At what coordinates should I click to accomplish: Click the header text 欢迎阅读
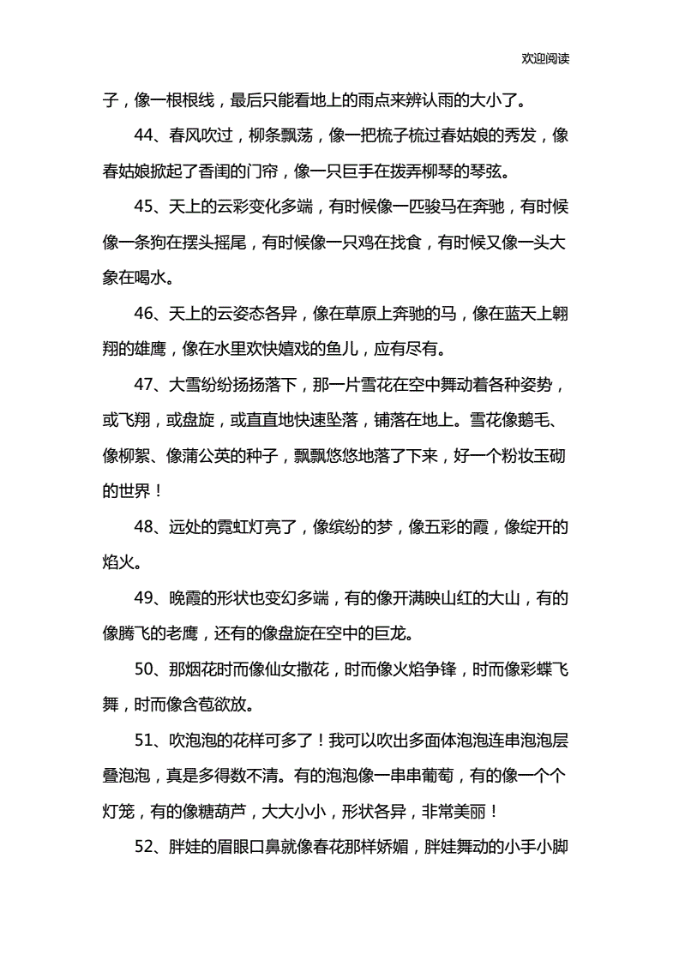[545, 59]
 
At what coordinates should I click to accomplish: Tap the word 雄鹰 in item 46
[156, 348]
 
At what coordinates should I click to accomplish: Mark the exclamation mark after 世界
[158, 491]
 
